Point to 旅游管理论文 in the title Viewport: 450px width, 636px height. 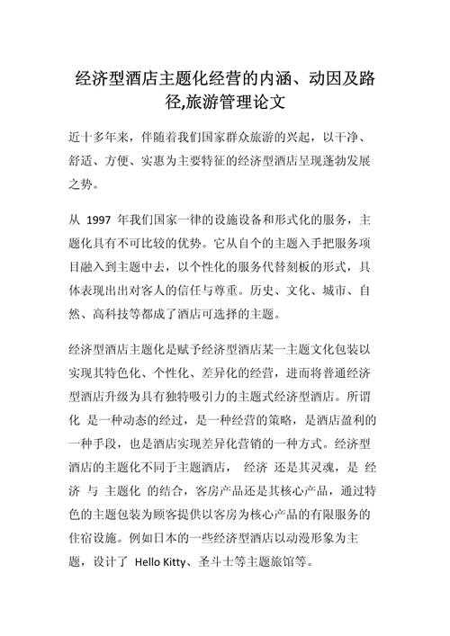tap(239, 103)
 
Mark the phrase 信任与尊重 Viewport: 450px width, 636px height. tap(205, 291)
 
